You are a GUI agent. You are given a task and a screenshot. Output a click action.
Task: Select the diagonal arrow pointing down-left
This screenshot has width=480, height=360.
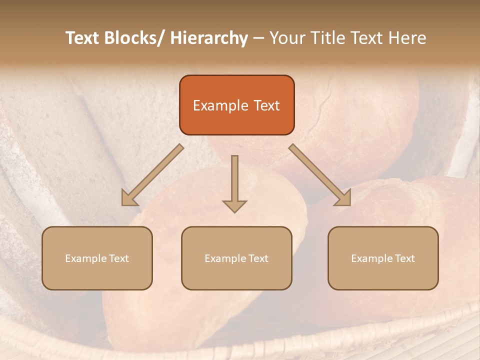(x=152, y=175)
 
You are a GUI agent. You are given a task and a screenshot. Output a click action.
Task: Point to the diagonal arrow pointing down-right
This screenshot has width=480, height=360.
(x=320, y=175)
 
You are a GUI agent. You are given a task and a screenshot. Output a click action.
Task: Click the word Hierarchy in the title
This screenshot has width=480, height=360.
(x=209, y=38)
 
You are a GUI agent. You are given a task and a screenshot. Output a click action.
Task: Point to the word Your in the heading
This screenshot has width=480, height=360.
(x=286, y=38)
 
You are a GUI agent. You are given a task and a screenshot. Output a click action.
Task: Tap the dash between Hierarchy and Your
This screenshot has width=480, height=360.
(x=258, y=38)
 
